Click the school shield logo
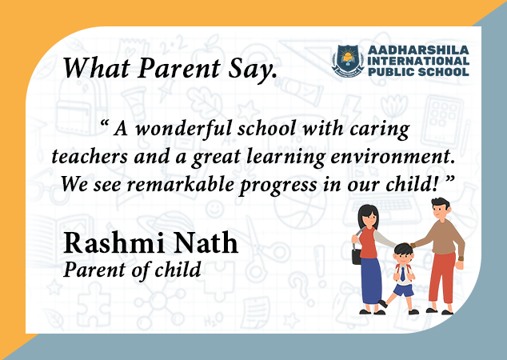click(x=348, y=61)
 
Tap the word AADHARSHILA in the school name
click(x=418, y=50)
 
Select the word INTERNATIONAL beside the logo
click(x=418, y=61)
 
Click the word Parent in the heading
click(x=179, y=68)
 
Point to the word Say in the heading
click(x=253, y=70)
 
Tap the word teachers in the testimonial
click(x=90, y=157)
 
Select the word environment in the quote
click(x=393, y=157)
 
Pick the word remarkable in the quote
click(x=181, y=184)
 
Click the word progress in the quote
click(x=278, y=186)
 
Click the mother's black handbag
click(x=357, y=256)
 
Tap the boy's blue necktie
click(x=402, y=274)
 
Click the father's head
click(x=440, y=209)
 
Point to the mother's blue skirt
click(x=371, y=281)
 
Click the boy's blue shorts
click(x=404, y=290)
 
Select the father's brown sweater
click(x=444, y=238)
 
